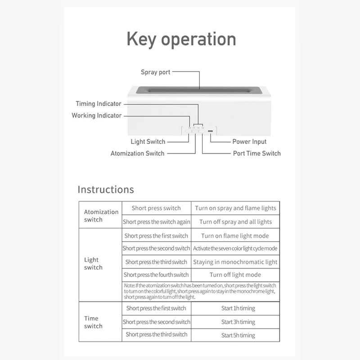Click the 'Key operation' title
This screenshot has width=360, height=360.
181,40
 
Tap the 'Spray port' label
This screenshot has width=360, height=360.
155,72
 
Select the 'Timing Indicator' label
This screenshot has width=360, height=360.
99,104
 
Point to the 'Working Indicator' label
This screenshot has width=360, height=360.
96,116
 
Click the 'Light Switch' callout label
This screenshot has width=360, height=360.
148,142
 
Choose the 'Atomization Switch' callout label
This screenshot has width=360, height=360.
138,153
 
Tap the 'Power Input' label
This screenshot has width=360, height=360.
249,142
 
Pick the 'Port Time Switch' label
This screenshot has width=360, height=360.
256,153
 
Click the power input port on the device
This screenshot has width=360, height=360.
210,131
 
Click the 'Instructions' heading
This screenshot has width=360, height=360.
106,189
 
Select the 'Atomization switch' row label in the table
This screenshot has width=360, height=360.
101,216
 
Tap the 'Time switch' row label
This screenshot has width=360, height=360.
93,322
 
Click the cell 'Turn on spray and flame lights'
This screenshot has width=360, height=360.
236,208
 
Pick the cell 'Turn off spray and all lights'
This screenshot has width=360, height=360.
236,222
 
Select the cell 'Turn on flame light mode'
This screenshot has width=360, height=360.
235,236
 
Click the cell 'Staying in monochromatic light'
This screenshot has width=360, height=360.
235,262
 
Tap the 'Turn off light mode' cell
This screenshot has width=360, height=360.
235,274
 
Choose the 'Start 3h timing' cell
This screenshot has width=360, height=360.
238,322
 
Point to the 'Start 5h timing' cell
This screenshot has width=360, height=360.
238,335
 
